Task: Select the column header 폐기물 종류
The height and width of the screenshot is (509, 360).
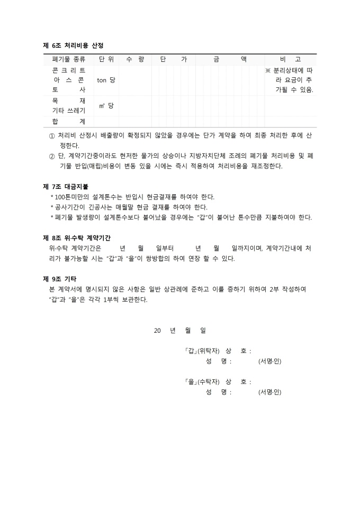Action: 69,59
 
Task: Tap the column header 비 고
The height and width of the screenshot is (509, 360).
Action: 290,59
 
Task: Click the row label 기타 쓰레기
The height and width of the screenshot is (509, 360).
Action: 69,110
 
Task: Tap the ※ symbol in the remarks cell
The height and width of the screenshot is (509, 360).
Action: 268,70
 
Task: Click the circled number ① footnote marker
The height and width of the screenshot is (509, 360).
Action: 51,135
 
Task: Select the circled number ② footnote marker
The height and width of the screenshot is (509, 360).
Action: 51,156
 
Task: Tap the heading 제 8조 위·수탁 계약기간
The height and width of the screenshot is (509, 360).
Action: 80,238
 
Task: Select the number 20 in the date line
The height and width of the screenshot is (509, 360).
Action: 157,330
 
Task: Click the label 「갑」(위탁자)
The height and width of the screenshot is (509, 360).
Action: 202,351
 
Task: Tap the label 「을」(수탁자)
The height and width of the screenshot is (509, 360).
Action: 202,381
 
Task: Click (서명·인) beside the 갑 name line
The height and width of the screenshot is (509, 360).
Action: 270,361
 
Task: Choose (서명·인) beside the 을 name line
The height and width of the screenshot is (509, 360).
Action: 270,392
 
